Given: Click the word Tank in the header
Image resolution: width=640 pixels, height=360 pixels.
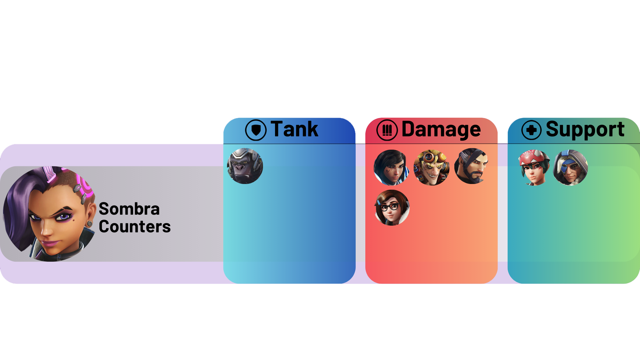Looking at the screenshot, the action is point(294,129).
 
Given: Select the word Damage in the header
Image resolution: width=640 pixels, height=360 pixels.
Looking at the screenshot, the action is point(441,129).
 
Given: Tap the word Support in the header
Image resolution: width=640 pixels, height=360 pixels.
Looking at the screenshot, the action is point(585,129).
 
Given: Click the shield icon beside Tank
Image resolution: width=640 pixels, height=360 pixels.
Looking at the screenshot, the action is point(256,130).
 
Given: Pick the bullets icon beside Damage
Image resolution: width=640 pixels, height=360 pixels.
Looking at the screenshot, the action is point(387,130).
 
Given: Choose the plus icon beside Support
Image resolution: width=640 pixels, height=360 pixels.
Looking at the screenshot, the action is point(531,130).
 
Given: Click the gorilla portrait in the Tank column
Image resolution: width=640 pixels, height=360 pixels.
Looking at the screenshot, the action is point(245,166).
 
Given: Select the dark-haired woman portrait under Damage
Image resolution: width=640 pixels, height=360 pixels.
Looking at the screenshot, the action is point(391,167).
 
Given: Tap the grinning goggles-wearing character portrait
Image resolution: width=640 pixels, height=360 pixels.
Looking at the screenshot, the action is point(431,167).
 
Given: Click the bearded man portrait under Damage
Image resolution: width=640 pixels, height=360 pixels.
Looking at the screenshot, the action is point(471,166).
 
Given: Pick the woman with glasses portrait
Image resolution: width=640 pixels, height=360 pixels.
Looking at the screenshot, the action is point(392,208).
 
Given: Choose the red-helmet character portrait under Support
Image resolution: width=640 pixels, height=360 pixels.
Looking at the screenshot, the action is point(534,167).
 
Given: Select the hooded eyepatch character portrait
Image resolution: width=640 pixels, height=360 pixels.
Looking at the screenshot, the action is point(570,167).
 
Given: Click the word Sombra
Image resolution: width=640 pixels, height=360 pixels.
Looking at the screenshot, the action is point(129,209).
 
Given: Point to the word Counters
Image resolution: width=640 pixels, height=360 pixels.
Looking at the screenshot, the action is point(135,227).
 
